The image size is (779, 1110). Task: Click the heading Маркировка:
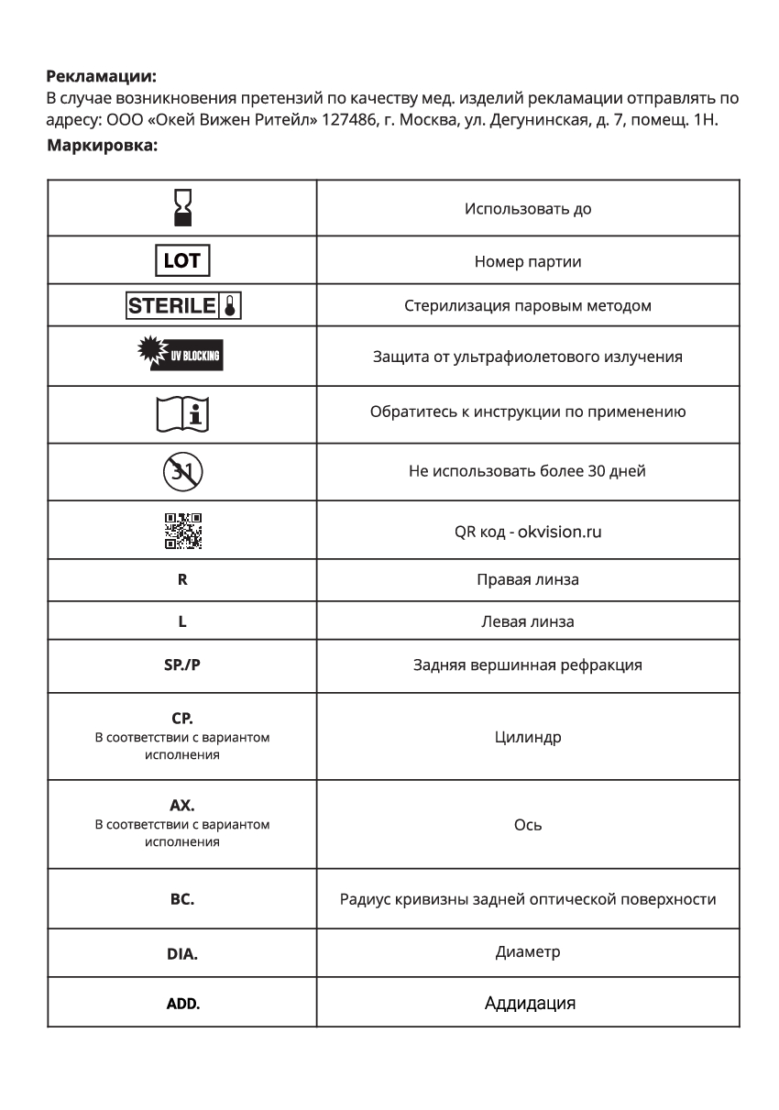pos(102,145)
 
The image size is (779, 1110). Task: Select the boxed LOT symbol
pos(181,261)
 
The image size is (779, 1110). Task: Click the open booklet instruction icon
pos(183,412)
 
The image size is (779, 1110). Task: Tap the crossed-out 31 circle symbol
pos(183,472)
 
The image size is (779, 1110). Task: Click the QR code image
pos(183,531)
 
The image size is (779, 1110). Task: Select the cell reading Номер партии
pos(528,262)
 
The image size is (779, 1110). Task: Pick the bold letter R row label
pos(182,580)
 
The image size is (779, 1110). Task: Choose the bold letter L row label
pos(182,621)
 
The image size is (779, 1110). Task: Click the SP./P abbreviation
pos(181,665)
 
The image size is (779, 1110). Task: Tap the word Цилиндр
pos(528,737)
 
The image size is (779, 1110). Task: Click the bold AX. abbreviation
pos(182,807)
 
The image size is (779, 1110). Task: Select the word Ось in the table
pos(528,825)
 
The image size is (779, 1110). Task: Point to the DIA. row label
pos(181,953)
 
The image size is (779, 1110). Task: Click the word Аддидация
pos(530,1003)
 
